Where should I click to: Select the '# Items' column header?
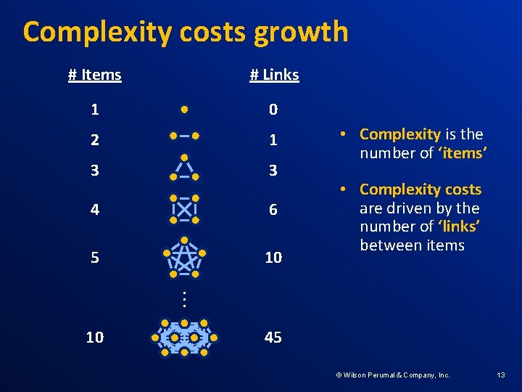click(94, 75)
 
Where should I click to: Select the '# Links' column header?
click(274, 75)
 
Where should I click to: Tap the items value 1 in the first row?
click(95, 110)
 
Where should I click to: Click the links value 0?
click(273, 110)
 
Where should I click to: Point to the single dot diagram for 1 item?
click(185, 110)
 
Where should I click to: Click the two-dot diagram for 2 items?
click(184, 136)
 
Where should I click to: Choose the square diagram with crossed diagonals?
click(184, 208)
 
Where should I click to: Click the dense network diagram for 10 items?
click(184, 338)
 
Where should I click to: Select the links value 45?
click(273, 338)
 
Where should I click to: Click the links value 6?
click(273, 210)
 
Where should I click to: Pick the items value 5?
click(95, 258)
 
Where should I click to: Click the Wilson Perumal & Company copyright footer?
click(392, 375)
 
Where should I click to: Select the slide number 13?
click(501, 375)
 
